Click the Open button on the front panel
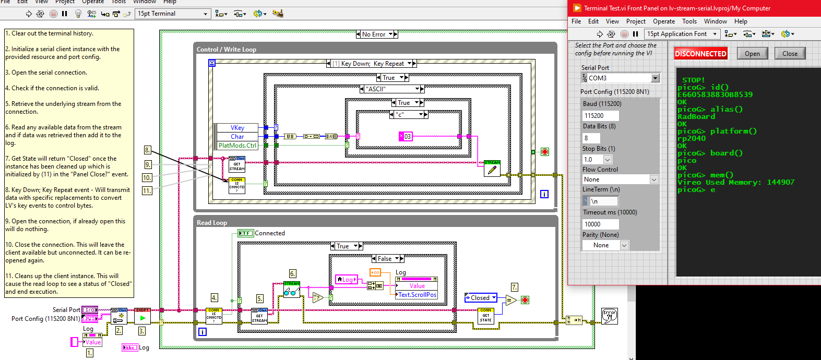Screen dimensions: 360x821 tap(752, 54)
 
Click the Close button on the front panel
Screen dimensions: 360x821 tap(790, 54)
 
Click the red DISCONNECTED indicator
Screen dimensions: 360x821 tap(700, 54)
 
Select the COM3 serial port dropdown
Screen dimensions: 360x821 tap(620, 78)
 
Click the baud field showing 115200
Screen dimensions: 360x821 tap(600, 116)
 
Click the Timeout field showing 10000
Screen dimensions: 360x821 tap(600, 224)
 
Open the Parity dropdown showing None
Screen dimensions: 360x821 tap(605, 245)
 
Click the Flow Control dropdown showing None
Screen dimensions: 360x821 tap(620, 179)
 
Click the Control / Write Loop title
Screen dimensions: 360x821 tap(227, 50)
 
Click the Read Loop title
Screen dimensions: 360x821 tap(212, 223)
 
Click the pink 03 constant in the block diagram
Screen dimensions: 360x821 tap(407, 137)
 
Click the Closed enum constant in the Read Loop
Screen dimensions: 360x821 tap(480, 298)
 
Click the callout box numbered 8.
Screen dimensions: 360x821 tap(147, 150)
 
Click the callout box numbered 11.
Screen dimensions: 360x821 tap(147, 191)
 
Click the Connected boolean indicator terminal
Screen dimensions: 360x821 tap(245, 233)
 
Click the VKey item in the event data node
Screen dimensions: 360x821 tap(237, 128)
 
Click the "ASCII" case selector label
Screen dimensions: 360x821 tap(390, 89)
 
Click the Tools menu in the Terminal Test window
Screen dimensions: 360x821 tap(689, 21)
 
